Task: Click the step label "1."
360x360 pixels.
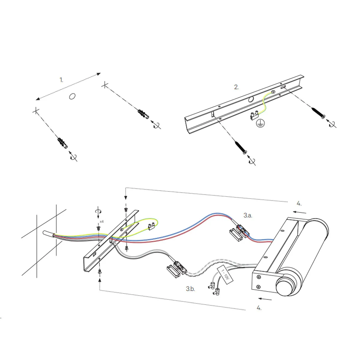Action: tap(61, 80)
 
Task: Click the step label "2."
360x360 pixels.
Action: tap(236, 87)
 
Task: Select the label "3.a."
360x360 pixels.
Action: tap(248, 215)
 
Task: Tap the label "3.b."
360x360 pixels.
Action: tap(190, 289)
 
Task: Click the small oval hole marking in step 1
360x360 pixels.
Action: tap(72, 96)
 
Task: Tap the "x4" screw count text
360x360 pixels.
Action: tap(101, 221)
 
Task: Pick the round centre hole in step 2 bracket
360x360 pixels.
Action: tap(251, 99)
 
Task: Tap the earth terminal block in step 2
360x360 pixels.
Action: tap(254, 115)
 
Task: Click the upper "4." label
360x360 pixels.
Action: tap(299, 203)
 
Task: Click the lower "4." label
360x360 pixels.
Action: tap(259, 308)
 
